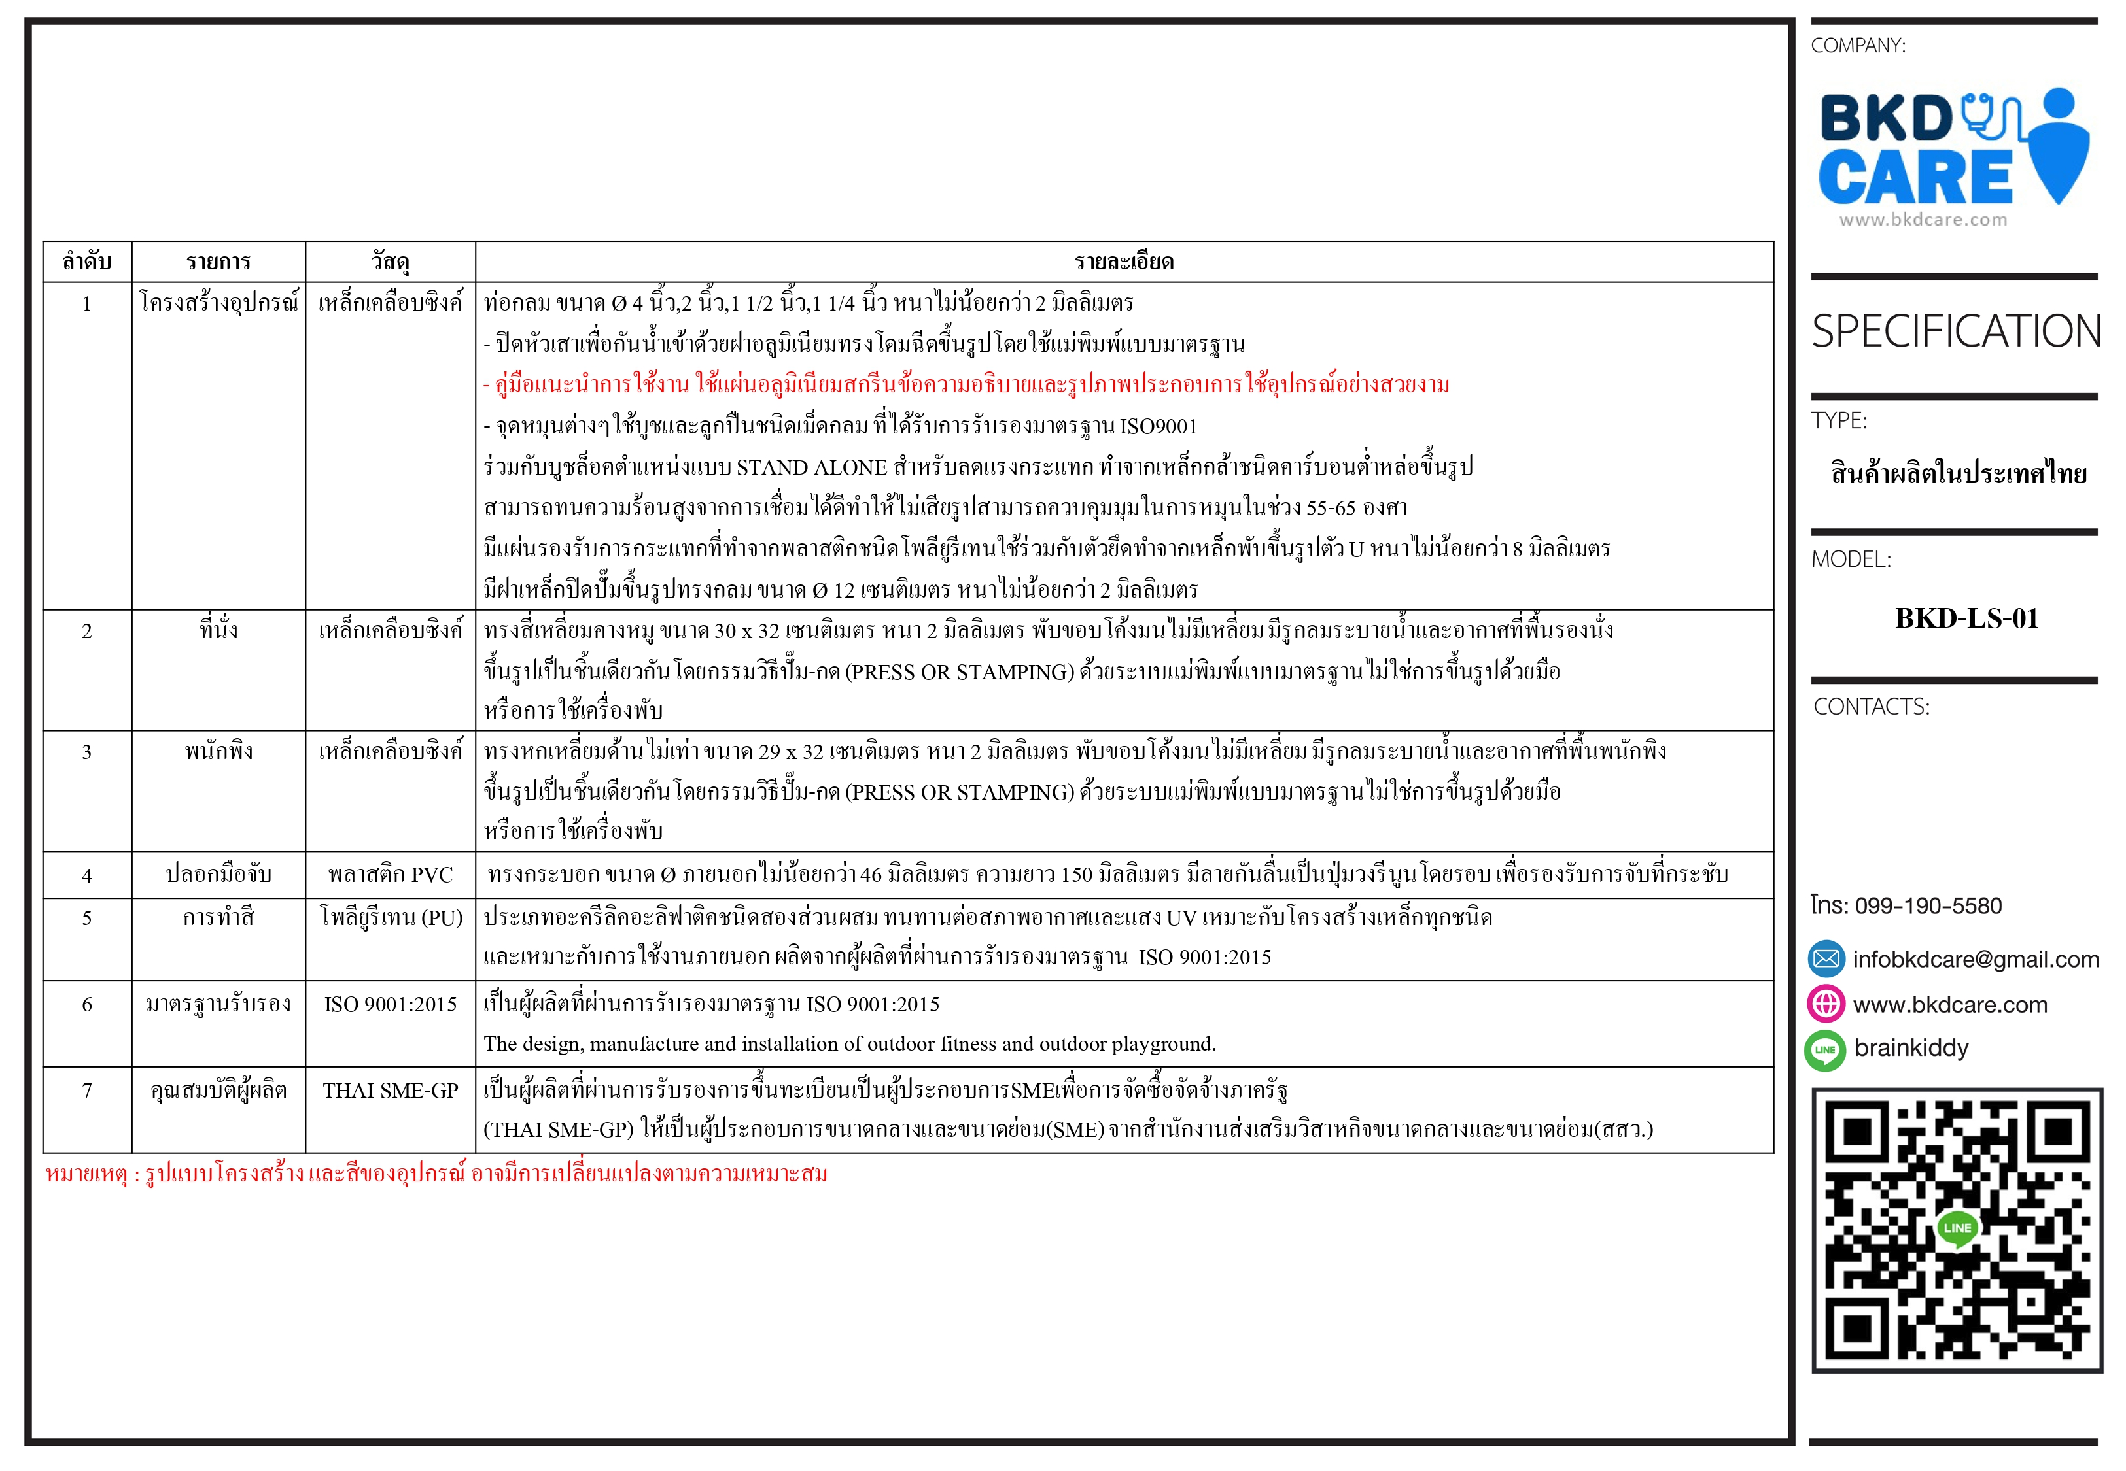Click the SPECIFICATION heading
(x=1955, y=332)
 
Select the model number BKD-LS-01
(x=1966, y=618)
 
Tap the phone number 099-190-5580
(x=1927, y=906)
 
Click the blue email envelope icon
(x=1826, y=960)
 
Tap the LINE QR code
(x=1957, y=1230)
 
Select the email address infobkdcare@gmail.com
(x=1976, y=960)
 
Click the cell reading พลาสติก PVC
(x=390, y=875)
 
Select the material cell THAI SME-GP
(x=390, y=1091)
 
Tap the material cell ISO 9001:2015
(x=390, y=1005)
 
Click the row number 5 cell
(x=86, y=918)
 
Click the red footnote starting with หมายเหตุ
(x=436, y=1174)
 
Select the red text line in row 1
(x=966, y=385)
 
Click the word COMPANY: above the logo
(x=1858, y=46)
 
